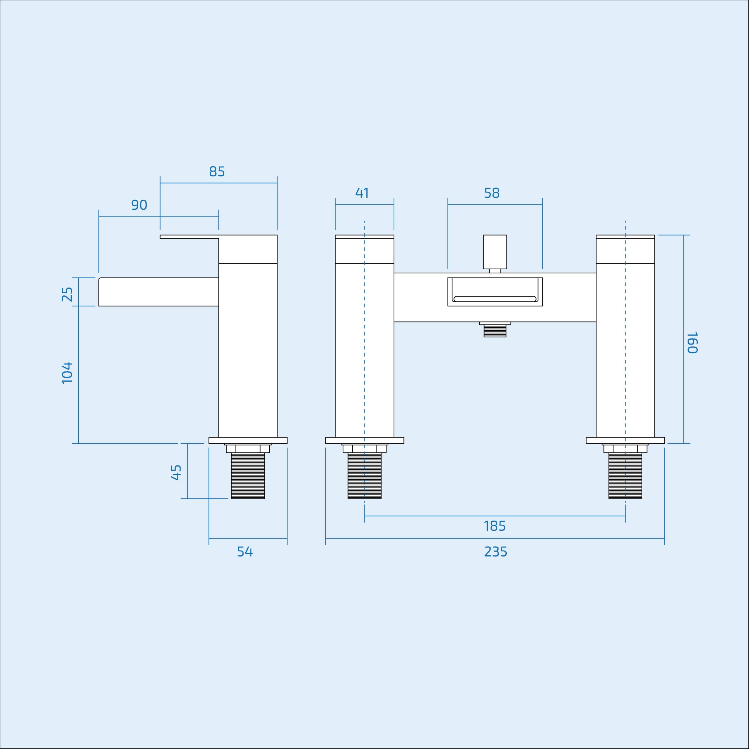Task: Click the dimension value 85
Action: [x=217, y=172]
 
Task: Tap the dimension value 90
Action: [x=139, y=205]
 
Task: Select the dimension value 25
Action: [x=67, y=294]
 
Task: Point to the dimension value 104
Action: [x=67, y=373]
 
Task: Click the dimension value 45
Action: [x=176, y=472]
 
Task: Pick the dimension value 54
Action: [x=245, y=552]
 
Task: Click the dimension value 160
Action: [x=692, y=342]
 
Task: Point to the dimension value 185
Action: [x=494, y=526]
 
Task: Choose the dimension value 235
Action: [x=495, y=552]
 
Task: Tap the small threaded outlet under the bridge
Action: [x=495, y=331]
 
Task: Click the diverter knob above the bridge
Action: [x=495, y=252]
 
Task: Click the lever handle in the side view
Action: [x=190, y=236]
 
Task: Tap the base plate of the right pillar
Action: [x=625, y=440]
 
